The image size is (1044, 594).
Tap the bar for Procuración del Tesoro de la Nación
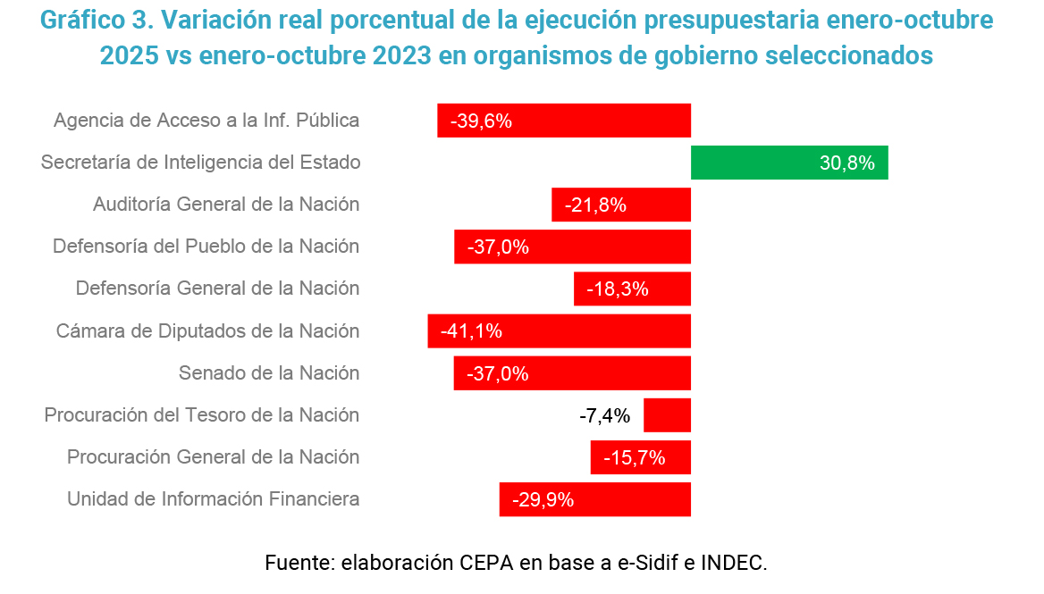(667, 415)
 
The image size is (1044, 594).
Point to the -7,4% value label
(605, 415)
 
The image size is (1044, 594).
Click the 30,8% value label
(846, 163)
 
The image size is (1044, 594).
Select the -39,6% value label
(481, 121)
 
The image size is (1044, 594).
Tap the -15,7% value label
(635, 457)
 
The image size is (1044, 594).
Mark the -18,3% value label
(617, 289)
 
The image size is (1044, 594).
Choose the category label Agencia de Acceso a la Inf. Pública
(206, 121)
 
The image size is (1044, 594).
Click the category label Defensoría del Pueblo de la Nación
(206, 247)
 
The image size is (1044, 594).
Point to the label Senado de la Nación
(269, 373)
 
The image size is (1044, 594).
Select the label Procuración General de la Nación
(214, 457)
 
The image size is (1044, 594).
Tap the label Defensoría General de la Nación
(218, 289)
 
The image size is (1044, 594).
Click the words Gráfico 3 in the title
(97, 21)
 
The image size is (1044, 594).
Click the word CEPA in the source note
(487, 563)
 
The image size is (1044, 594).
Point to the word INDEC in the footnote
(733, 563)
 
